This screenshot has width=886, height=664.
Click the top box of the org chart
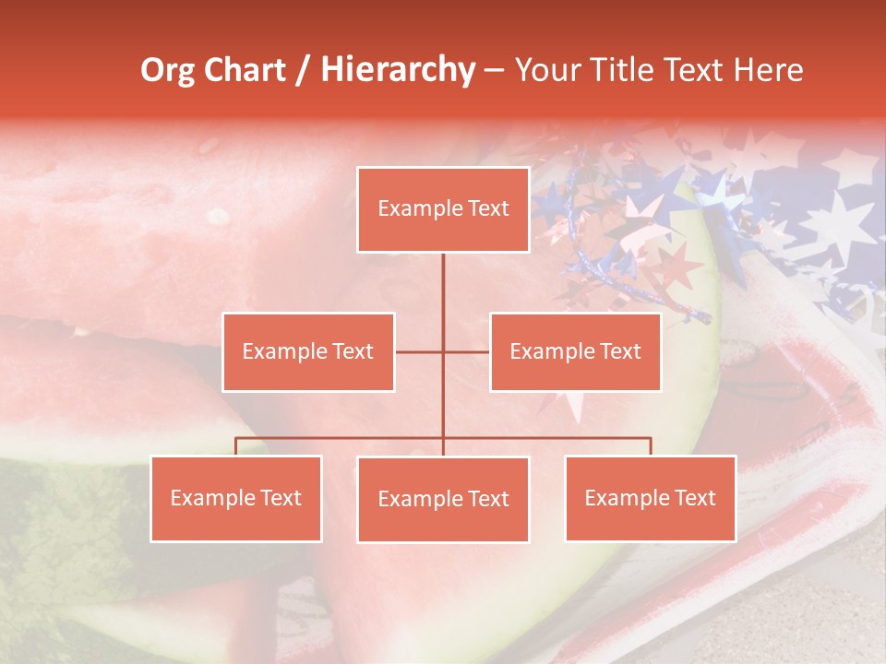[443, 209]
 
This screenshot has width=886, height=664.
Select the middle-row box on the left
[308, 352]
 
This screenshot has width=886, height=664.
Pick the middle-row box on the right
[575, 352]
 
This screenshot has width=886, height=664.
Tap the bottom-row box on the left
[236, 499]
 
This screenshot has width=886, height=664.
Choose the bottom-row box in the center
[443, 500]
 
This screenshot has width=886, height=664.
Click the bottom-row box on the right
[651, 499]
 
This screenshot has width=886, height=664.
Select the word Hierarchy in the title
[398, 71]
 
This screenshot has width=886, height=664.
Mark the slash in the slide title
[304, 71]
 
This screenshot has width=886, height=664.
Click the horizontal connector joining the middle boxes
[443, 352]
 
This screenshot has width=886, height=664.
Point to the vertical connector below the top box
[443, 295]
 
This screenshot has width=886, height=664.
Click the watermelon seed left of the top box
[218, 217]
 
